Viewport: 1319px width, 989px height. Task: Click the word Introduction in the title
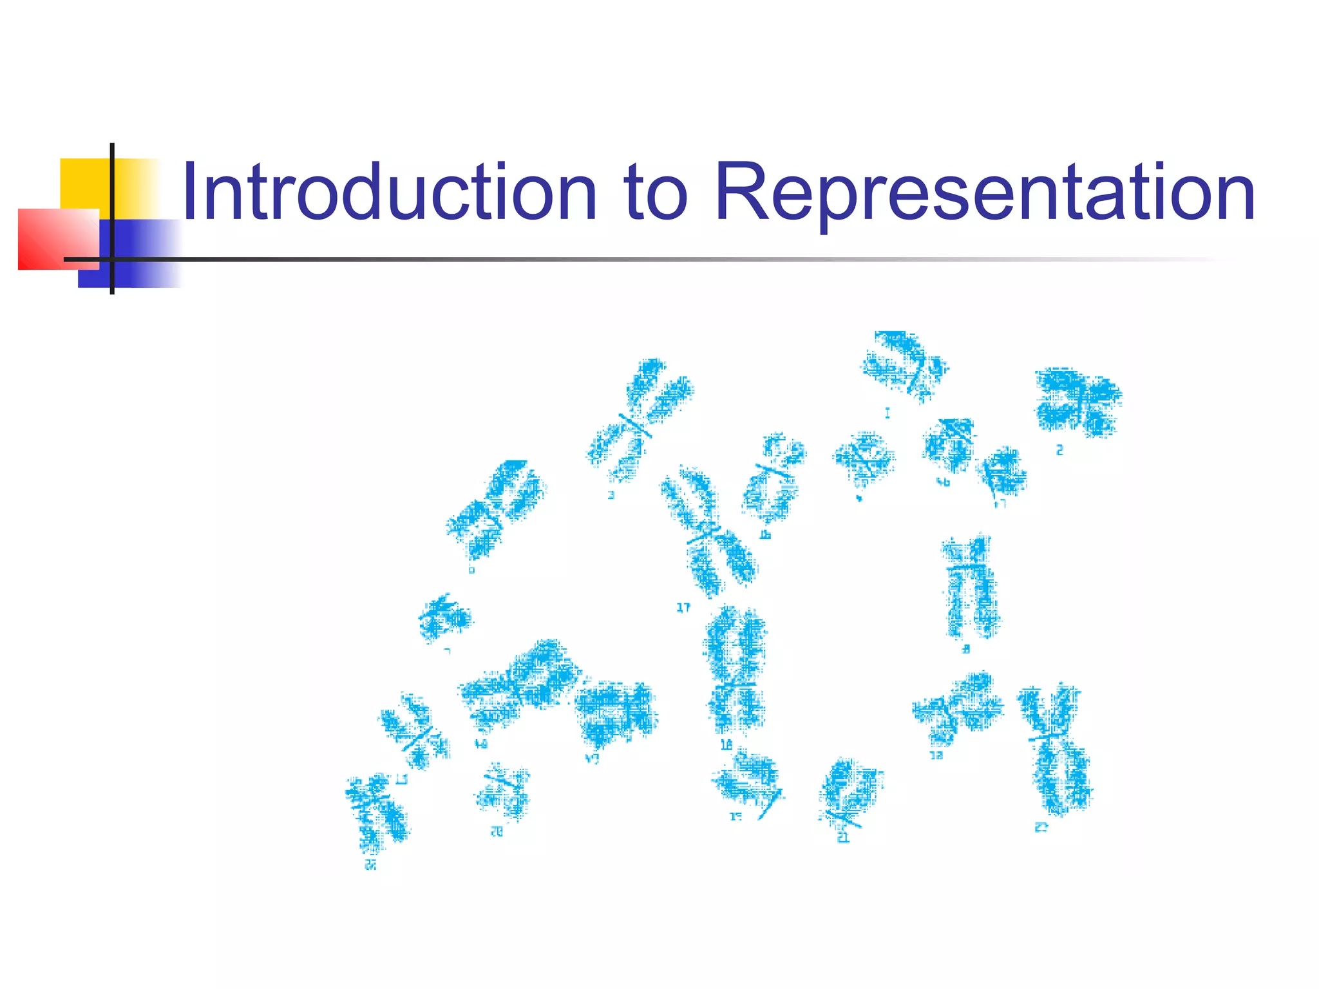[x=390, y=192]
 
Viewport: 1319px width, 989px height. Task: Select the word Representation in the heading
[x=985, y=192]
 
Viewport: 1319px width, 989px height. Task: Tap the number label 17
[x=683, y=607]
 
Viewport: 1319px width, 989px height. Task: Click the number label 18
[x=726, y=745]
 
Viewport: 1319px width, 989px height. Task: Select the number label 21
[x=843, y=838]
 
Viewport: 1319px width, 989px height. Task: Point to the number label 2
[x=1059, y=450]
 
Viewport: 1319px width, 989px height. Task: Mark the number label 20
[x=497, y=832]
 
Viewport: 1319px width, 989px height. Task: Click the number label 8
[x=965, y=649]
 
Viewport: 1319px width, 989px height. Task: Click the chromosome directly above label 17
[x=708, y=531]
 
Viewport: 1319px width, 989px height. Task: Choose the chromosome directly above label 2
[x=1077, y=401]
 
